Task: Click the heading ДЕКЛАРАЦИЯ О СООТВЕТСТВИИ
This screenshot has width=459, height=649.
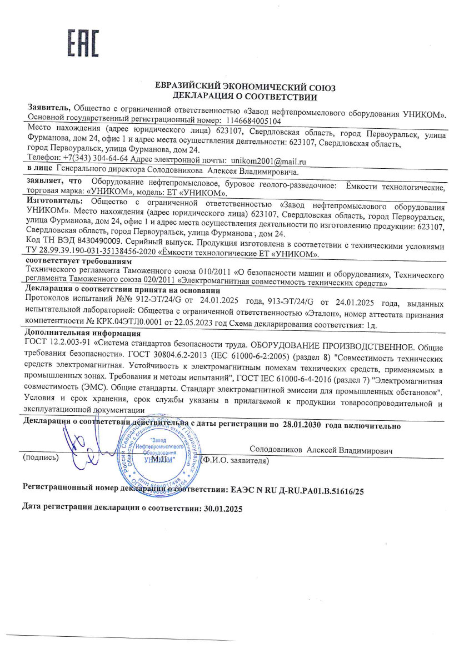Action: pyautogui.click(x=245, y=97)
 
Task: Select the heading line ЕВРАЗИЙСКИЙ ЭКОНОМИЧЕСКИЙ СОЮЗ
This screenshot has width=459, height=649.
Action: pyautogui.click(x=245, y=88)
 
